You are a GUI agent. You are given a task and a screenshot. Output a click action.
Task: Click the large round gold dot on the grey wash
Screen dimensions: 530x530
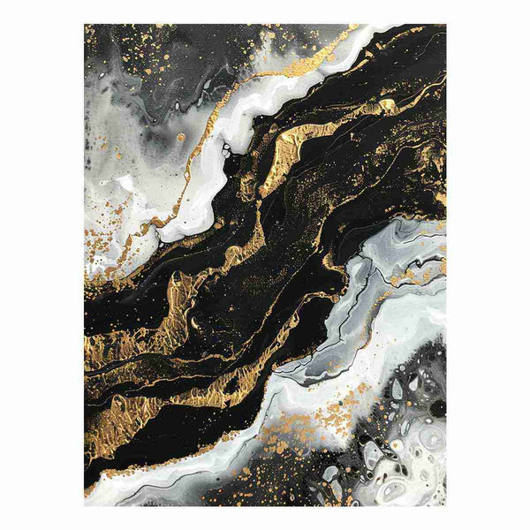(x=180, y=137)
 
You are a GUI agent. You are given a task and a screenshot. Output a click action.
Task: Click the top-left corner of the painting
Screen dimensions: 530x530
(x=85, y=25)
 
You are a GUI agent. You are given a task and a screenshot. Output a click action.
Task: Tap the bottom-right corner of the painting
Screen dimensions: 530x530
(x=446, y=505)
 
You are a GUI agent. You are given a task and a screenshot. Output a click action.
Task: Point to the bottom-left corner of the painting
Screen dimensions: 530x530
(x=85, y=505)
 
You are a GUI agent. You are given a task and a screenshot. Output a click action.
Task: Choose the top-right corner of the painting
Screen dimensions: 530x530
(x=446, y=25)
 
